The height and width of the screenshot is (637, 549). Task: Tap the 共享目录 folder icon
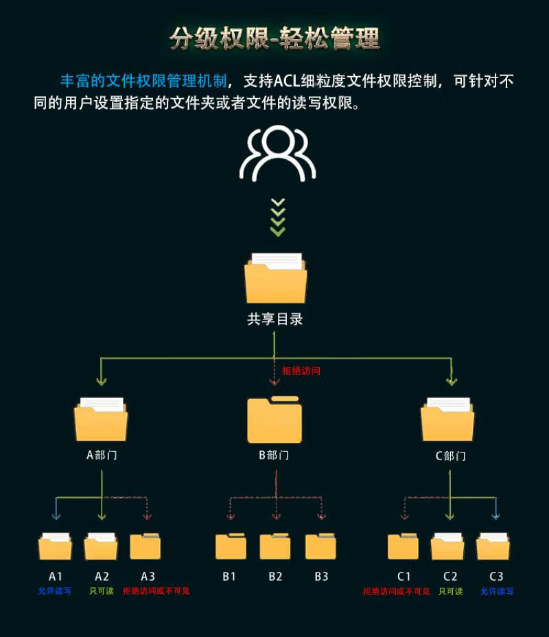276,278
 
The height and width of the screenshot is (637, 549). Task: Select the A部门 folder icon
101,420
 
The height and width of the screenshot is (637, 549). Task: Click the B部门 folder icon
274,420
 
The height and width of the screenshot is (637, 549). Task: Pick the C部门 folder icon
447,420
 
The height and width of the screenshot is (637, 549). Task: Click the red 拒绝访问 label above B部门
301,370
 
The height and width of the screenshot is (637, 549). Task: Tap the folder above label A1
56,546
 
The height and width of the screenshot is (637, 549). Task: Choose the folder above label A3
145,546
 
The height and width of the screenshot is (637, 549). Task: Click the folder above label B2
275,546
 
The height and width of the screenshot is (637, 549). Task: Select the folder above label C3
493,546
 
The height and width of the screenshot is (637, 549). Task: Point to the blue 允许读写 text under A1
54,590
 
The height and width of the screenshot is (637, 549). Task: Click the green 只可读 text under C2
451,591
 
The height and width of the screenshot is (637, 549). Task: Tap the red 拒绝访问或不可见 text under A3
156,590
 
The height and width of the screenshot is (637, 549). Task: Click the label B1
229,576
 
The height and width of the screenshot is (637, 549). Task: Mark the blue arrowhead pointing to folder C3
495,516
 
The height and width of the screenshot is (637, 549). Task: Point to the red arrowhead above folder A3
148,516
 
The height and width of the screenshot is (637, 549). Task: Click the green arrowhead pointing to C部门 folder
452,381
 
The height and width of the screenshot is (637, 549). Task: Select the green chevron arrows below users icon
278,217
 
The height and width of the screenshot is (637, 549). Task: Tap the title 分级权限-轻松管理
275,39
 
